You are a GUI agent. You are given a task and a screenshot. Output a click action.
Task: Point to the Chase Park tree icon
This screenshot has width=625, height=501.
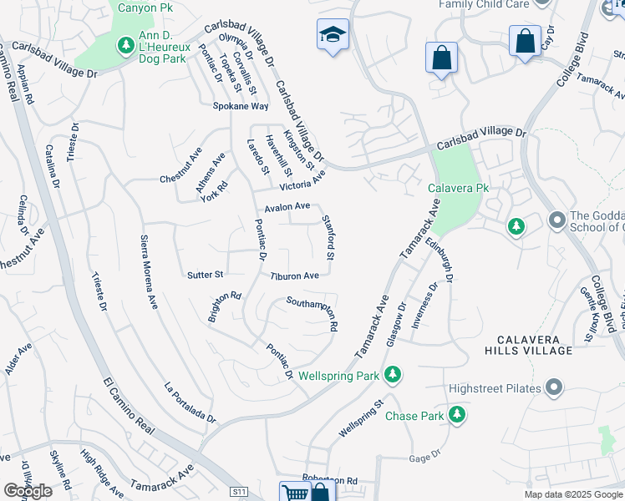456,415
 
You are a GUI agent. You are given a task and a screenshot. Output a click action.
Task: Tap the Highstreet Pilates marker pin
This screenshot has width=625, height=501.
553,387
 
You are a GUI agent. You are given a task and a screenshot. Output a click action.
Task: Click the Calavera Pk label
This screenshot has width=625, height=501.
458,189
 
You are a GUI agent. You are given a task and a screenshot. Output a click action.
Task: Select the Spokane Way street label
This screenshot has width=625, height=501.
240,107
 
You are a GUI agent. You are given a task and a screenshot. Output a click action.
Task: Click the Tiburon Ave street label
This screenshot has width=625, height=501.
294,276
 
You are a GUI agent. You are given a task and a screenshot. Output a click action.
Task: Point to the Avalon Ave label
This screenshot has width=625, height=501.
287,206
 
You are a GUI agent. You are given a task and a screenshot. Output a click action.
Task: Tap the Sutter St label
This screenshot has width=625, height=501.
205,274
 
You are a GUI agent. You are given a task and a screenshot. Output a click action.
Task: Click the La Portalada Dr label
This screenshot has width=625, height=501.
190,402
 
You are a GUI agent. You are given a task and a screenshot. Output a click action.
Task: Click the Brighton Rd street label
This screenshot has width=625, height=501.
226,307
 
